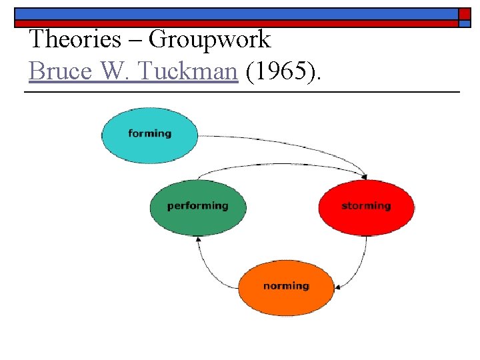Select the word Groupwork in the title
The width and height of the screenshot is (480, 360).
210,40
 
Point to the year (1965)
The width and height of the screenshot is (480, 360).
284,71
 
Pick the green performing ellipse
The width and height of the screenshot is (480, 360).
197,207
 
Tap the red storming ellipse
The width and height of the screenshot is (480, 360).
366,207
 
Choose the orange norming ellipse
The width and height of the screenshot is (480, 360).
286,287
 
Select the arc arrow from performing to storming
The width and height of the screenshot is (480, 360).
280,164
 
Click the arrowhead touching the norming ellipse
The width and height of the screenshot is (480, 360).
338,287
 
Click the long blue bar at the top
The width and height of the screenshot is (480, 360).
233,13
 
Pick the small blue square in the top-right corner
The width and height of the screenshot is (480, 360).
465,23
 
